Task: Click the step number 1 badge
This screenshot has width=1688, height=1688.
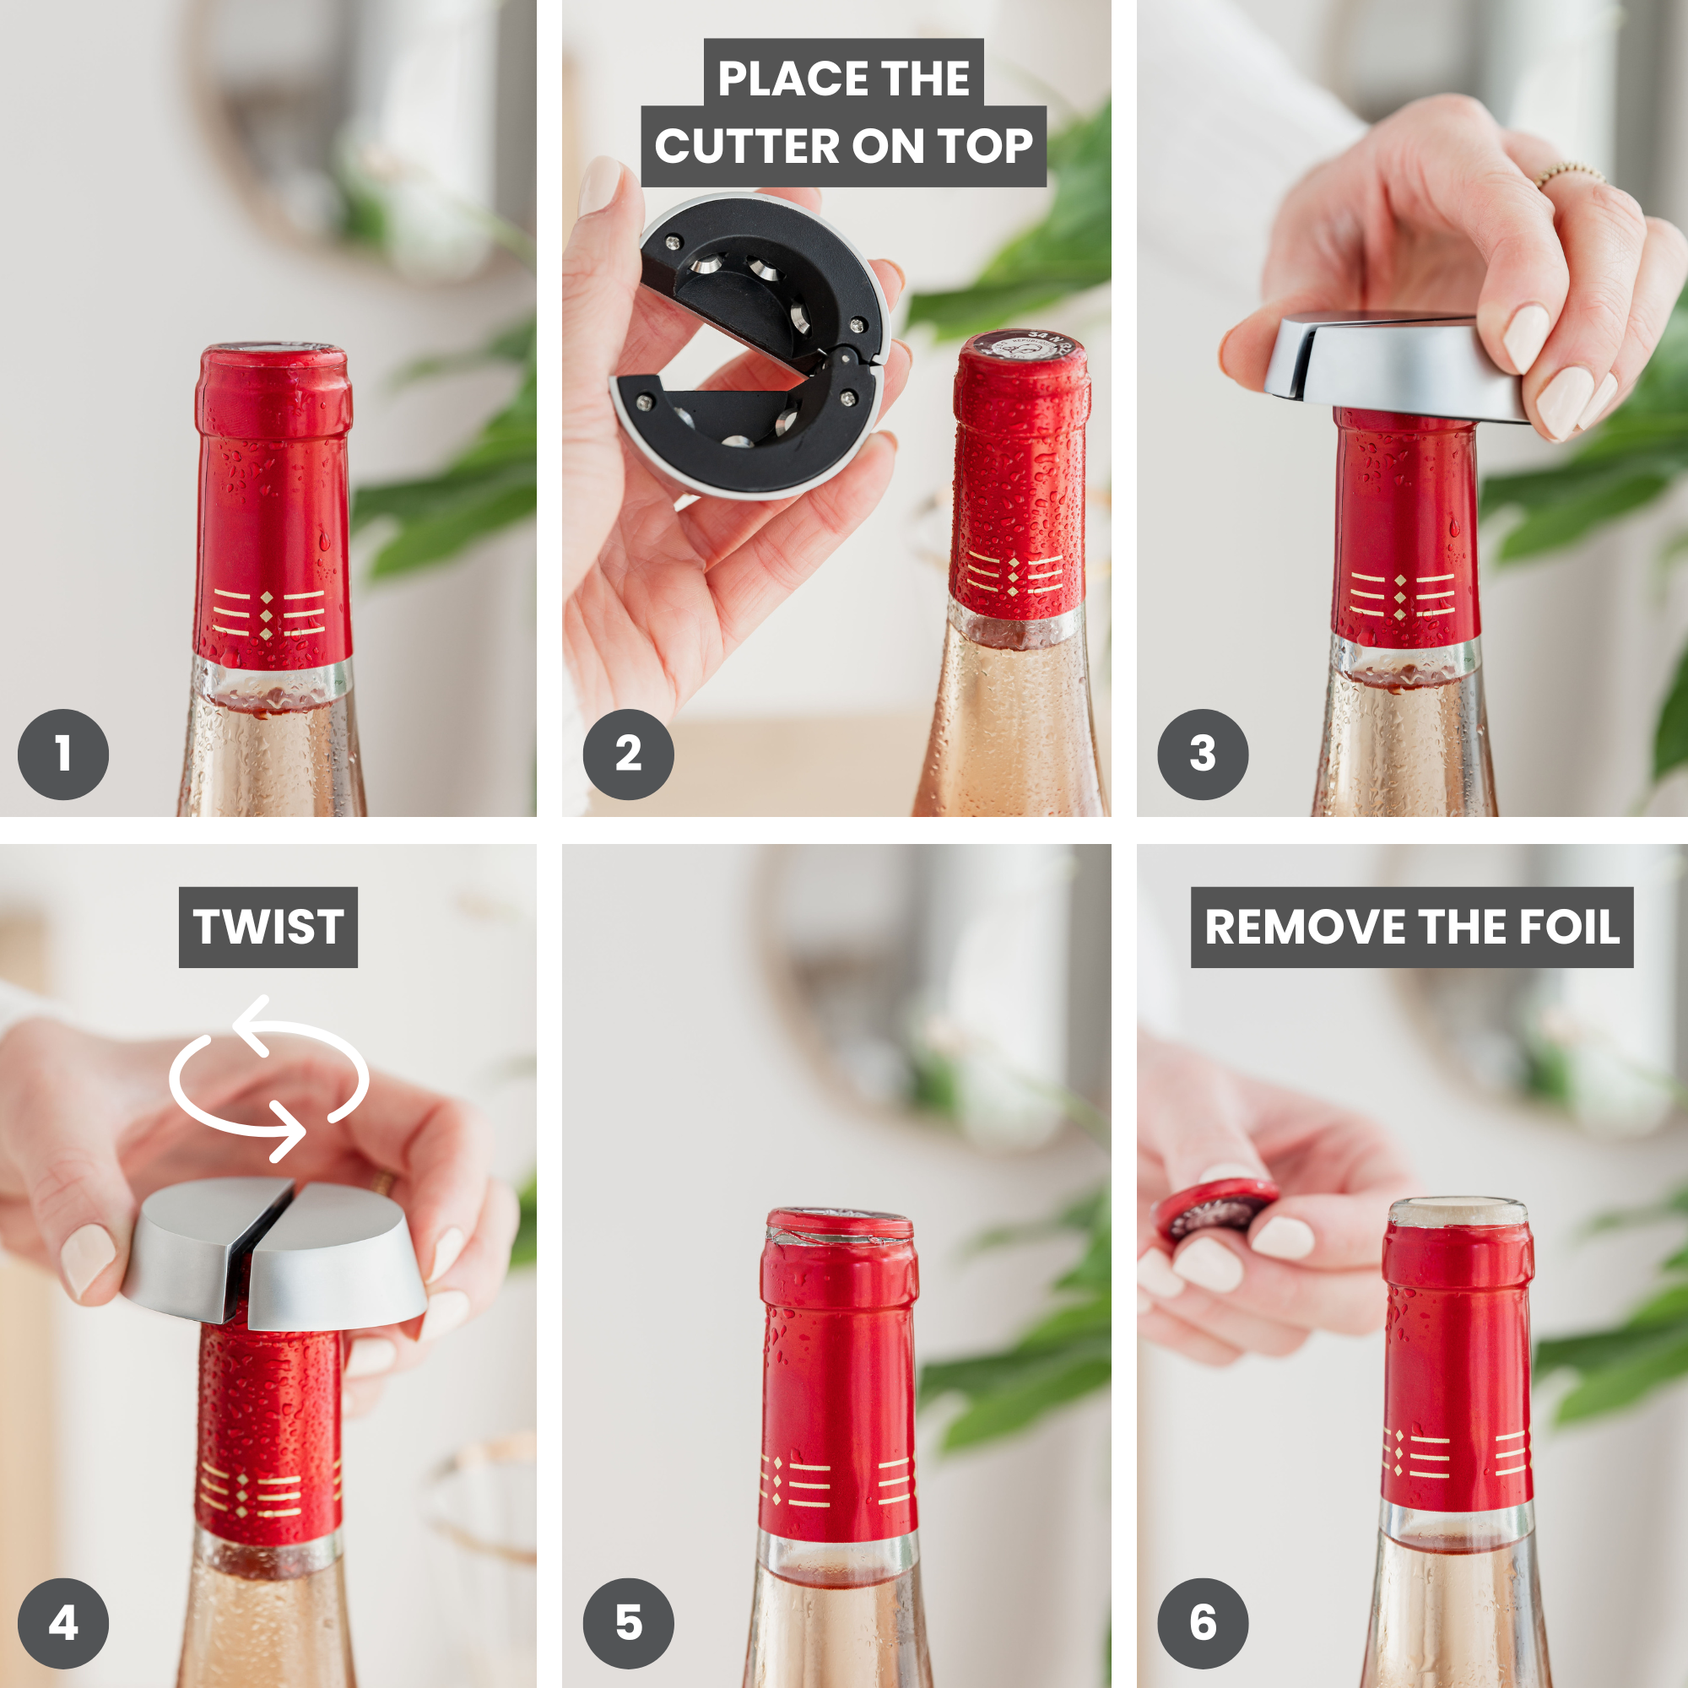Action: pyautogui.click(x=63, y=754)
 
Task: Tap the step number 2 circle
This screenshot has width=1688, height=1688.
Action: pyautogui.click(x=628, y=754)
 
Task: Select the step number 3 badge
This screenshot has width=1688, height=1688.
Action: pyautogui.click(x=1202, y=754)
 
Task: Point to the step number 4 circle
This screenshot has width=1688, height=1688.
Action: pyautogui.click(x=63, y=1623)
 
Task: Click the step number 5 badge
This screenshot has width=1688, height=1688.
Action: pyautogui.click(x=628, y=1623)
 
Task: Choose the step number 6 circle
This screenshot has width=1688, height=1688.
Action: pyautogui.click(x=1202, y=1623)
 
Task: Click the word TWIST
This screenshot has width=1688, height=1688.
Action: pyautogui.click(x=268, y=927)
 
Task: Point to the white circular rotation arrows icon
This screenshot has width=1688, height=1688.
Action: pyautogui.click(x=268, y=1079)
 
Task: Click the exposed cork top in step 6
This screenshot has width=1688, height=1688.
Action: pyautogui.click(x=1458, y=1211)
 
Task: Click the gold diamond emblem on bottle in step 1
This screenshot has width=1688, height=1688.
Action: pyautogui.click(x=268, y=615)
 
